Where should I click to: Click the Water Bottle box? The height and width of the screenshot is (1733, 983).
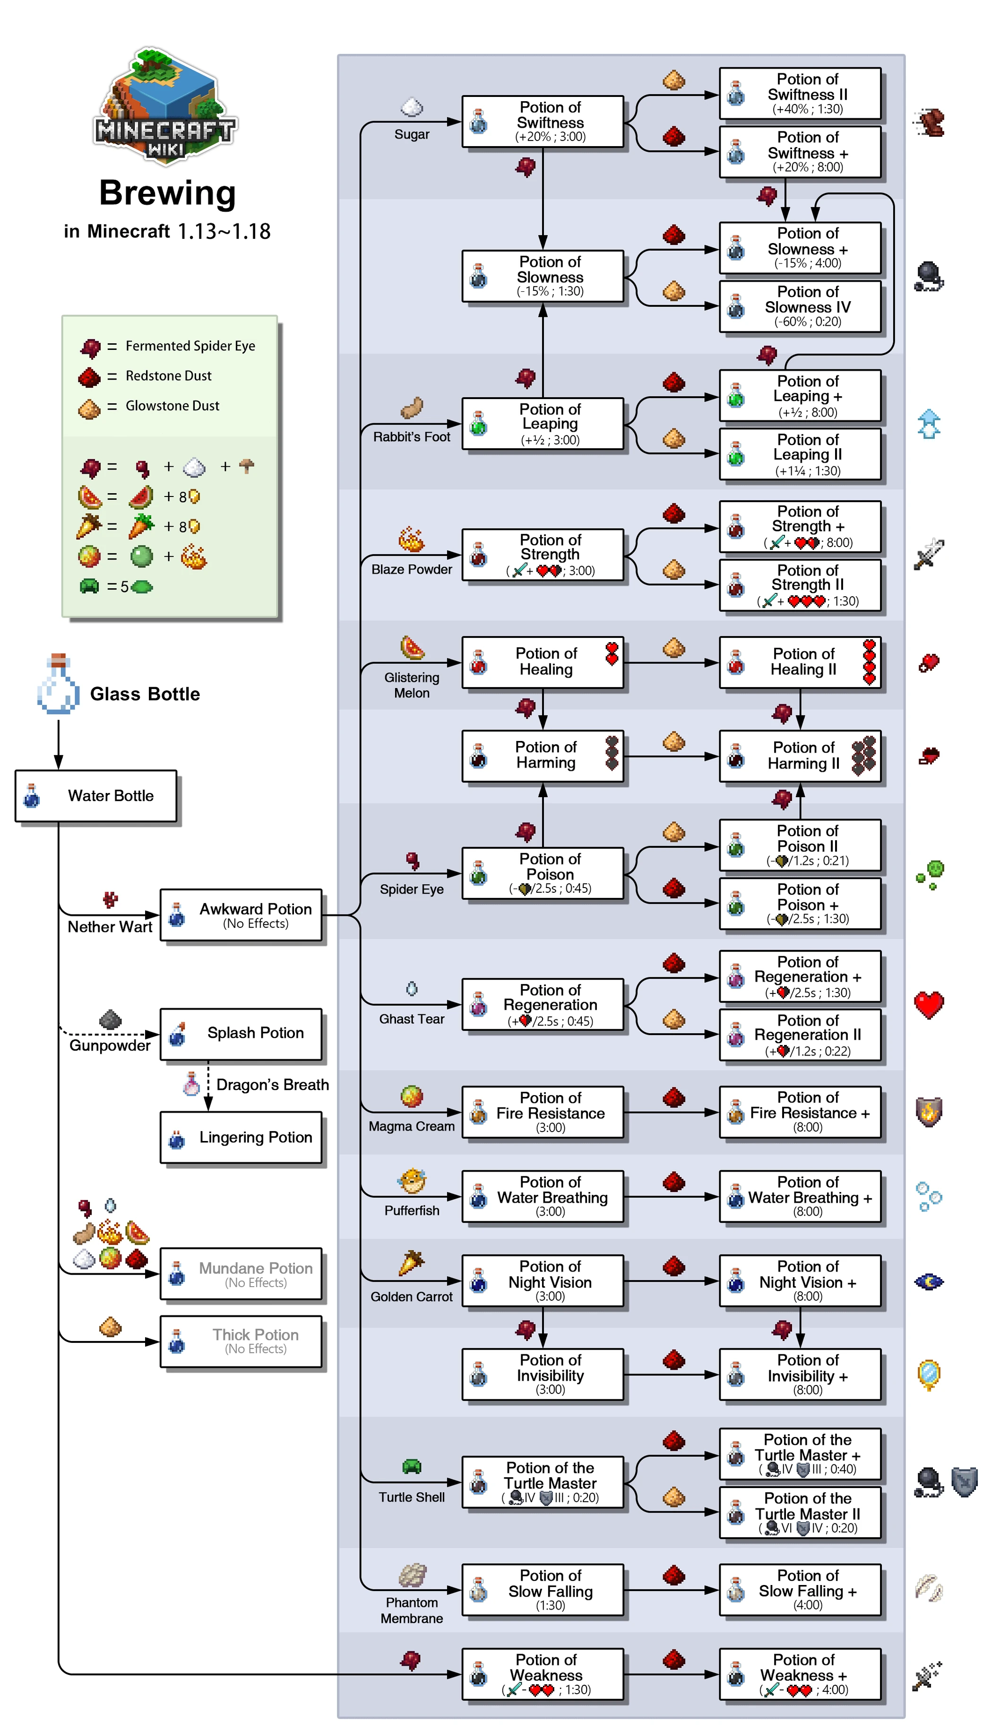pyautogui.click(x=96, y=796)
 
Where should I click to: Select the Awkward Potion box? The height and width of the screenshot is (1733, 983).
pyautogui.click(x=241, y=915)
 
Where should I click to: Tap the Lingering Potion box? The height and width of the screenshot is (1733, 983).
pyautogui.click(x=241, y=1137)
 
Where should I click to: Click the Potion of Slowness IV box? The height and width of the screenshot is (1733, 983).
pyautogui.click(x=800, y=306)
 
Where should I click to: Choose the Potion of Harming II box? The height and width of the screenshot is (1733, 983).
pyautogui.click(x=800, y=756)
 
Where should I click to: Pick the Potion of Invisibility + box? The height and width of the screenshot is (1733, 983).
pyautogui.click(x=800, y=1375)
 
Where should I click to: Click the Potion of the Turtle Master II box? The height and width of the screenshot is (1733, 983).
pyautogui.click(x=800, y=1513)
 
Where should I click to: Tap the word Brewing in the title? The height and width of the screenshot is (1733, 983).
pyautogui.click(x=167, y=193)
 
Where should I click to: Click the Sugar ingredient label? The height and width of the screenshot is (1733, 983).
pyautogui.click(x=412, y=134)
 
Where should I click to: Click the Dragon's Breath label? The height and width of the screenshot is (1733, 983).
pyautogui.click(x=272, y=1085)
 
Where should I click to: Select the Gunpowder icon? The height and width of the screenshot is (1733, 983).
pyautogui.click(x=110, y=1019)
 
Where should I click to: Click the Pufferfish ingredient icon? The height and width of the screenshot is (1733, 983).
pyautogui.click(x=412, y=1181)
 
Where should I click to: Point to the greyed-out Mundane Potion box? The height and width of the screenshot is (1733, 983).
pyautogui.click(x=241, y=1274)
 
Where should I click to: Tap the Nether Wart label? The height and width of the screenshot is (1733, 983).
pyautogui.click(x=110, y=927)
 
